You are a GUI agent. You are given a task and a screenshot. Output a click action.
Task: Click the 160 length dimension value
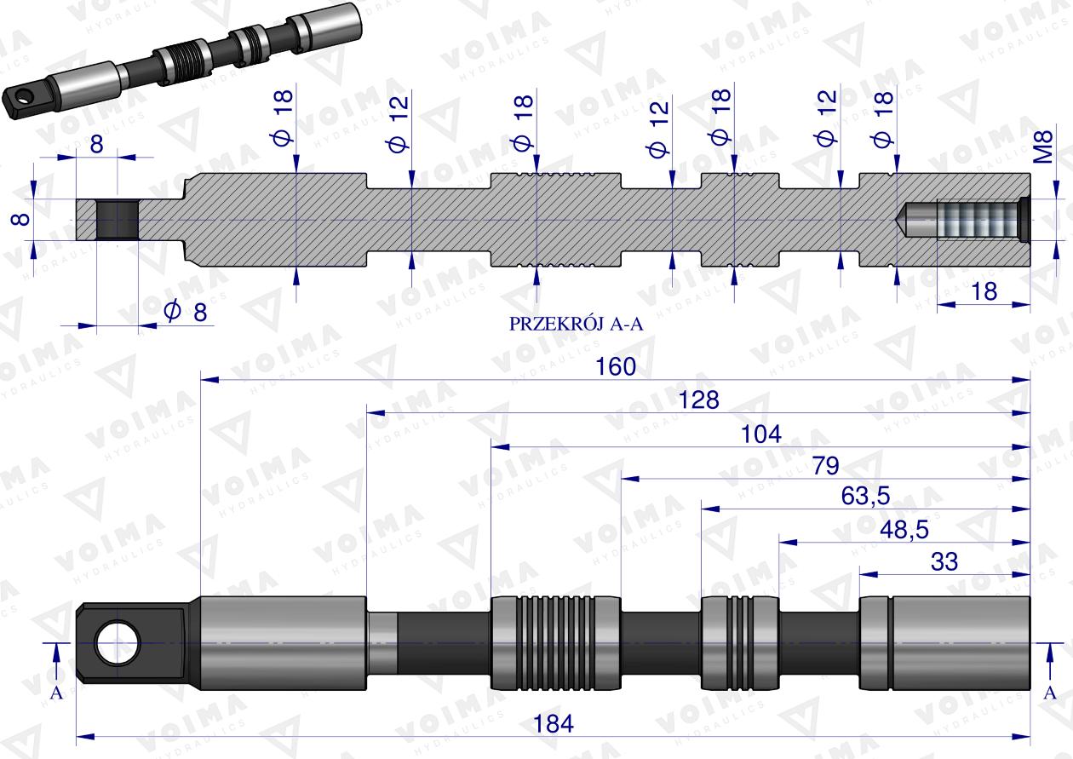click(x=616, y=366)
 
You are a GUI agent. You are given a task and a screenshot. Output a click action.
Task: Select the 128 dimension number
click(x=699, y=400)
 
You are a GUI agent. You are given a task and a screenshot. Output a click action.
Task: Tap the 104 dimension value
click(x=760, y=434)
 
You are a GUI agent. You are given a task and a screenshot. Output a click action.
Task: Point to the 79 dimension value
click(x=825, y=466)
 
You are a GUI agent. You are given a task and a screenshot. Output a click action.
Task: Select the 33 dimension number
click(x=944, y=561)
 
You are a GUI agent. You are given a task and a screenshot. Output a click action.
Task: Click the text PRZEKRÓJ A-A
click(x=572, y=325)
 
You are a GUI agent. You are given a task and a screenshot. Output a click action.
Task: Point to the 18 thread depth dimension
click(x=984, y=291)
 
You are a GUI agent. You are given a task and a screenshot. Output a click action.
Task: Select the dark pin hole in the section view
click(x=115, y=220)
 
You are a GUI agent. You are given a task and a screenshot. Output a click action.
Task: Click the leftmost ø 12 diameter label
click(x=398, y=124)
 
